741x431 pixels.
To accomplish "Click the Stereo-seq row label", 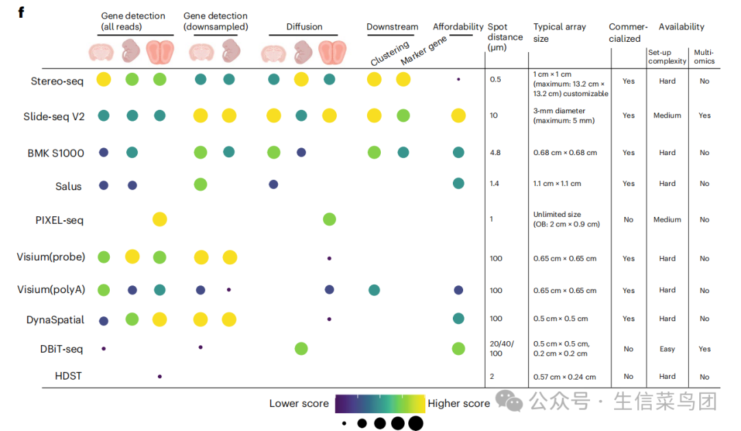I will [57, 81].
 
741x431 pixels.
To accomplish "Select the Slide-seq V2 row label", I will [54, 116].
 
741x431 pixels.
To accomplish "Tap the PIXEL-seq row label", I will [60, 220].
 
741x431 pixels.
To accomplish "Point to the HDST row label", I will [69, 376].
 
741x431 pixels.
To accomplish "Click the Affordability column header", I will [458, 27].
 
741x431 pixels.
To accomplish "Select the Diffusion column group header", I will [304, 27].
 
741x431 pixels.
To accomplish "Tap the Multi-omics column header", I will [704, 56].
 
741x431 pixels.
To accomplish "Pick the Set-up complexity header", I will [667, 56].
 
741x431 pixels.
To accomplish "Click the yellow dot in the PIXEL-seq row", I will [159, 220].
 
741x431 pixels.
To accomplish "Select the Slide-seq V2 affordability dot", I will [458, 115].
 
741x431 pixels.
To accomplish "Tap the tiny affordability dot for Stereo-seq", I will [458, 80].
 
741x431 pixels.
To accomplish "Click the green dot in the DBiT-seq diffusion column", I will [301, 349].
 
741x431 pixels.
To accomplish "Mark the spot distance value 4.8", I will [496, 153].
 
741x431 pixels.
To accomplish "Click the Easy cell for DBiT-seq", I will [667, 349].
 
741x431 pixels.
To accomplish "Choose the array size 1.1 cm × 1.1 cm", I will [556, 184].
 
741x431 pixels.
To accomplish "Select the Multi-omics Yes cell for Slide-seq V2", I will [704, 115].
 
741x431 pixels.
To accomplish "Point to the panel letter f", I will [21, 12].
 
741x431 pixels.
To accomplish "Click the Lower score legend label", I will [298, 404].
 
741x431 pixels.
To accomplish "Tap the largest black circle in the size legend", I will [415, 423].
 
